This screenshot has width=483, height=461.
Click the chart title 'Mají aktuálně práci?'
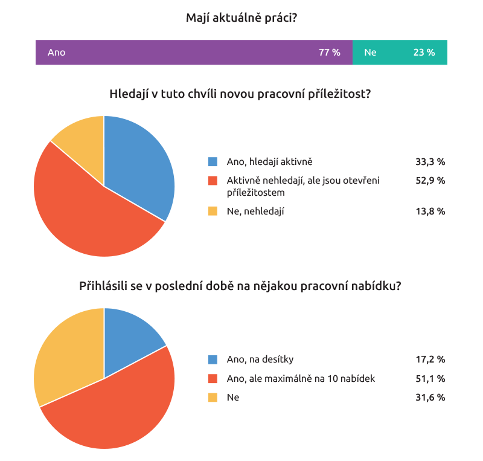(241, 19)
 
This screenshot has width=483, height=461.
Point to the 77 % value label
(330, 53)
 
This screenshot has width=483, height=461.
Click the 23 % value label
(424, 53)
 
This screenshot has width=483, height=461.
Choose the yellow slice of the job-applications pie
(66, 356)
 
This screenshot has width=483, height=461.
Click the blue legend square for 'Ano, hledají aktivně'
(213, 161)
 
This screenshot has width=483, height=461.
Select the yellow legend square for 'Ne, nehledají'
(213, 211)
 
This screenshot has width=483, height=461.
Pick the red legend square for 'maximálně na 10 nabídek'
(213, 379)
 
